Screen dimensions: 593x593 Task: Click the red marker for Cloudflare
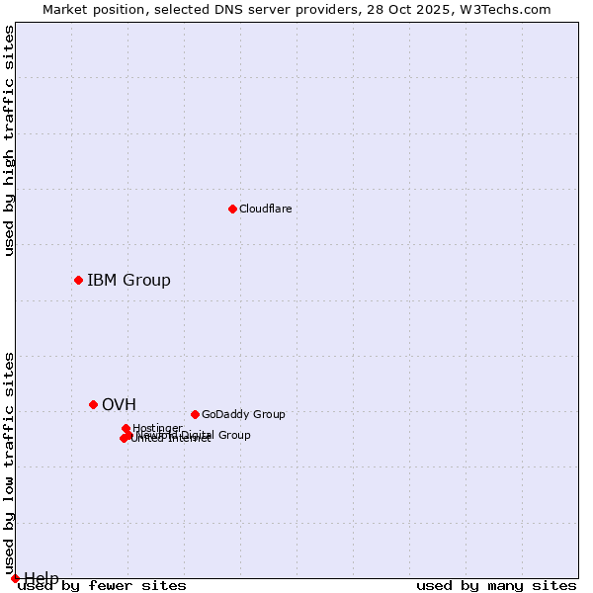click(232, 209)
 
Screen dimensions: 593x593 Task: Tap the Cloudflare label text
click(265, 209)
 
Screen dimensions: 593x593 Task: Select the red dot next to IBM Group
click(78, 280)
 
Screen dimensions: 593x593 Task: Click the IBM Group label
click(128, 280)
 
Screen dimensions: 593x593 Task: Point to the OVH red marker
click(93, 404)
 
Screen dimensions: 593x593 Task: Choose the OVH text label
click(119, 404)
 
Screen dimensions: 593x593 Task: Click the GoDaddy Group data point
click(195, 414)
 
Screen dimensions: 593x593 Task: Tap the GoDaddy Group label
click(243, 414)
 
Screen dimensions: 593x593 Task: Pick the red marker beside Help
click(15, 578)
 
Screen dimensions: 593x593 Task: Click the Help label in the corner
click(42, 577)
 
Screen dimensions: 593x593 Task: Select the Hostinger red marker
click(126, 428)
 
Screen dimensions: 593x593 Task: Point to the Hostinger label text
click(157, 428)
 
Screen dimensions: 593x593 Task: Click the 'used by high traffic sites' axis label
click(10, 140)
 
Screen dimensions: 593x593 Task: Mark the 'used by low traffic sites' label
click(10, 463)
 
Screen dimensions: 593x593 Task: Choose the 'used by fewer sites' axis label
click(102, 586)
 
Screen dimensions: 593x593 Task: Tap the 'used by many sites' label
click(496, 586)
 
